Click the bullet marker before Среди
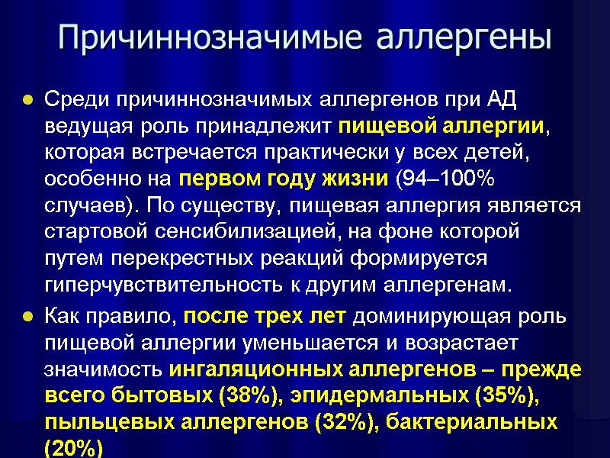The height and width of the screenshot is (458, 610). pos(27,101)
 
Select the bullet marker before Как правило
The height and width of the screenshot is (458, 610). pos(27,316)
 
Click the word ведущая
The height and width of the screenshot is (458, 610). pos(85,126)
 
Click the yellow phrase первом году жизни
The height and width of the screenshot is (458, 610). pos(281,179)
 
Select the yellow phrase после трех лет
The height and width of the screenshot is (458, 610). pos(265,315)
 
